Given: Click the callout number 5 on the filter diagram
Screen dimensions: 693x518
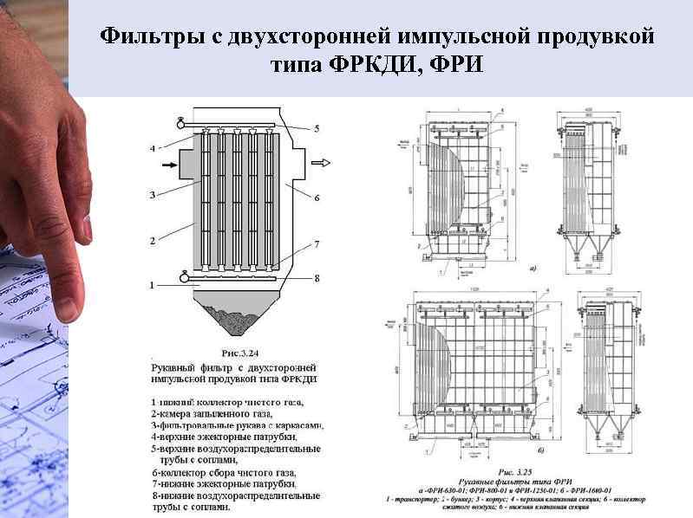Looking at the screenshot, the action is pyautogui.click(x=317, y=129).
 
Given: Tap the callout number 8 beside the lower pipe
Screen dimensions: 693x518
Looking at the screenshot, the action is pyautogui.click(x=317, y=278).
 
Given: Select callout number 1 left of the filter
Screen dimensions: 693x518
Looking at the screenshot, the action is pyautogui.click(x=152, y=284).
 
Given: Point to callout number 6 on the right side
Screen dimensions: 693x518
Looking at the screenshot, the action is pyautogui.click(x=317, y=197).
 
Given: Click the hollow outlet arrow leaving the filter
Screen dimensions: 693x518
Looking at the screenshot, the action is pyautogui.click(x=320, y=162).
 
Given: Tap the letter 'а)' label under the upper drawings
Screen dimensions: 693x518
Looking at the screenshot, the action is pyautogui.click(x=531, y=268).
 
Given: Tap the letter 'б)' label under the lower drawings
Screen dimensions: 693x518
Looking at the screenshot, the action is pyautogui.click(x=540, y=450).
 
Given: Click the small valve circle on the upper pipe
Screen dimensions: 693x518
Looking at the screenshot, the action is pyautogui.click(x=181, y=121).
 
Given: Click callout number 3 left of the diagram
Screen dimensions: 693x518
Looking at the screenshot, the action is pyautogui.click(x=152, y=195).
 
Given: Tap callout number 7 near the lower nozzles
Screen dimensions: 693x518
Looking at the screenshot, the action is pyautogui.click(x=317, y=245).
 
